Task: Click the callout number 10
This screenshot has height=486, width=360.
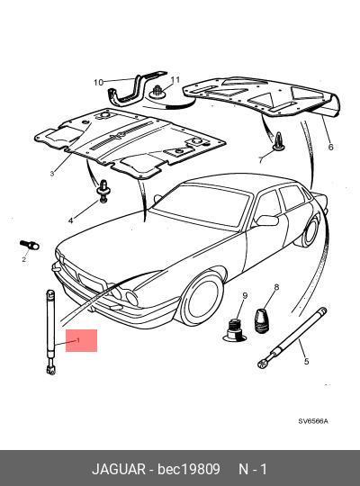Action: point(98,83)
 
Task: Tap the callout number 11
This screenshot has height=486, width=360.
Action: point(175,80)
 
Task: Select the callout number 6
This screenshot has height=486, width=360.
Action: point(330,147)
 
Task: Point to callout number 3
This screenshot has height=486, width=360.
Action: point(52,174)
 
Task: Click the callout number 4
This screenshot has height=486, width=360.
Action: point(71,220)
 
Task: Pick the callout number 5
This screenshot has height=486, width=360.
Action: point(306,362)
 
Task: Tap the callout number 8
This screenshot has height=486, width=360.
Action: point(276,287)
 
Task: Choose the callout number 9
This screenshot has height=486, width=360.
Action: point(245,296)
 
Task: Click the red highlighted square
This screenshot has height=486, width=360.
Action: point(81,340)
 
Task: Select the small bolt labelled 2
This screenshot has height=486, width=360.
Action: point(30,245)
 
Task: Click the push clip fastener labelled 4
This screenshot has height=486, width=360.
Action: point(103,192)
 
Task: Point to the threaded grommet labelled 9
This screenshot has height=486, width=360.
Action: point(235,330)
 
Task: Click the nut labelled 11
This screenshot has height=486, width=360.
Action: point(158,92)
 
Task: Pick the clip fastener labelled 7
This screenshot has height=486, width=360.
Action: point(278,141)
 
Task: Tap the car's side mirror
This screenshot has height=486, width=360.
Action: point(267,220)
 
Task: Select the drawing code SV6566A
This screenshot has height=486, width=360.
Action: point(313,421)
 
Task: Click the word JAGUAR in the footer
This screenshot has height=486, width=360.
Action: point(119,469)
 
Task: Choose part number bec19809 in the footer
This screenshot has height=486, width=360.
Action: point(188,469)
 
